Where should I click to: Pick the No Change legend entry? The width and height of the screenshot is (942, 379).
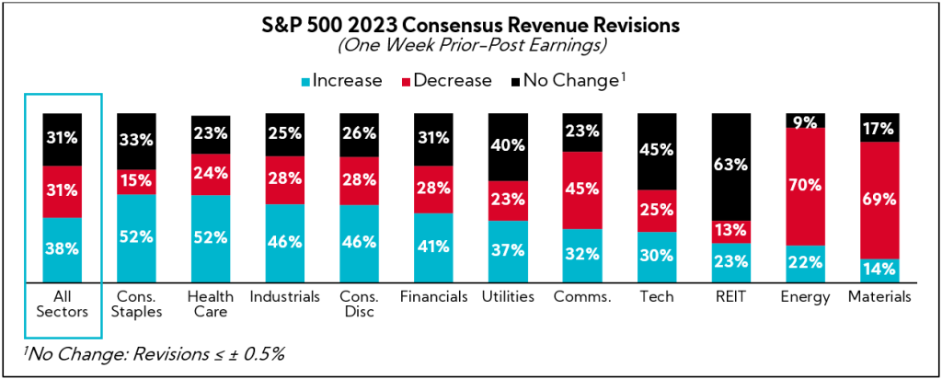coord(561,80)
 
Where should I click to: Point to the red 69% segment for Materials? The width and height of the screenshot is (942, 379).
coord(879,200)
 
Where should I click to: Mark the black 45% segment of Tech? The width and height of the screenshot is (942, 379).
coord(657,152)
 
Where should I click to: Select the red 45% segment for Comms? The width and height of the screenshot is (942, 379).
coord(582,190)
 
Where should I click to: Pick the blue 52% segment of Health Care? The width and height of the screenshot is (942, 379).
coord(211,237)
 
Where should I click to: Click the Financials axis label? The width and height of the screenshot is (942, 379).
coord(433,296)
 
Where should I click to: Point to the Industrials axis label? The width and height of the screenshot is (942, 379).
coord(285,296)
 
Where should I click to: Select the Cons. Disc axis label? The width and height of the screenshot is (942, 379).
coord(360,304)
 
